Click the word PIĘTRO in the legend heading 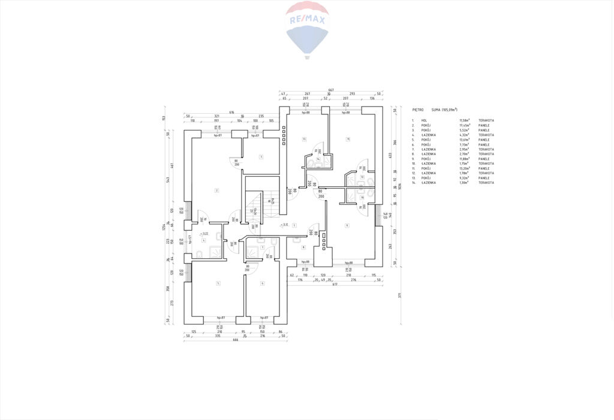coord(418,110)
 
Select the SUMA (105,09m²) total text coord(444,110)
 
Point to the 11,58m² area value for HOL coord(465,120)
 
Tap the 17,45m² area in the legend coord(465,125)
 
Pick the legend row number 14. coord(413,183)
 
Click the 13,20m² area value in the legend coord(465,168)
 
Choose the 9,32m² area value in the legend coord(465,178)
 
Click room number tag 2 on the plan coord(216,191)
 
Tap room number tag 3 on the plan coord(261,156)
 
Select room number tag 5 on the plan coord(218,283)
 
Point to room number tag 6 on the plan coord(262,283)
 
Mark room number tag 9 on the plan coord(347,225)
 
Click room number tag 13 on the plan coord(305,139)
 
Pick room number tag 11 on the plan coord(347,139)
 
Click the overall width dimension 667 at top coord(331,90)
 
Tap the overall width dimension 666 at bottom coord(235,340)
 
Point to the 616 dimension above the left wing coord(231,111)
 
